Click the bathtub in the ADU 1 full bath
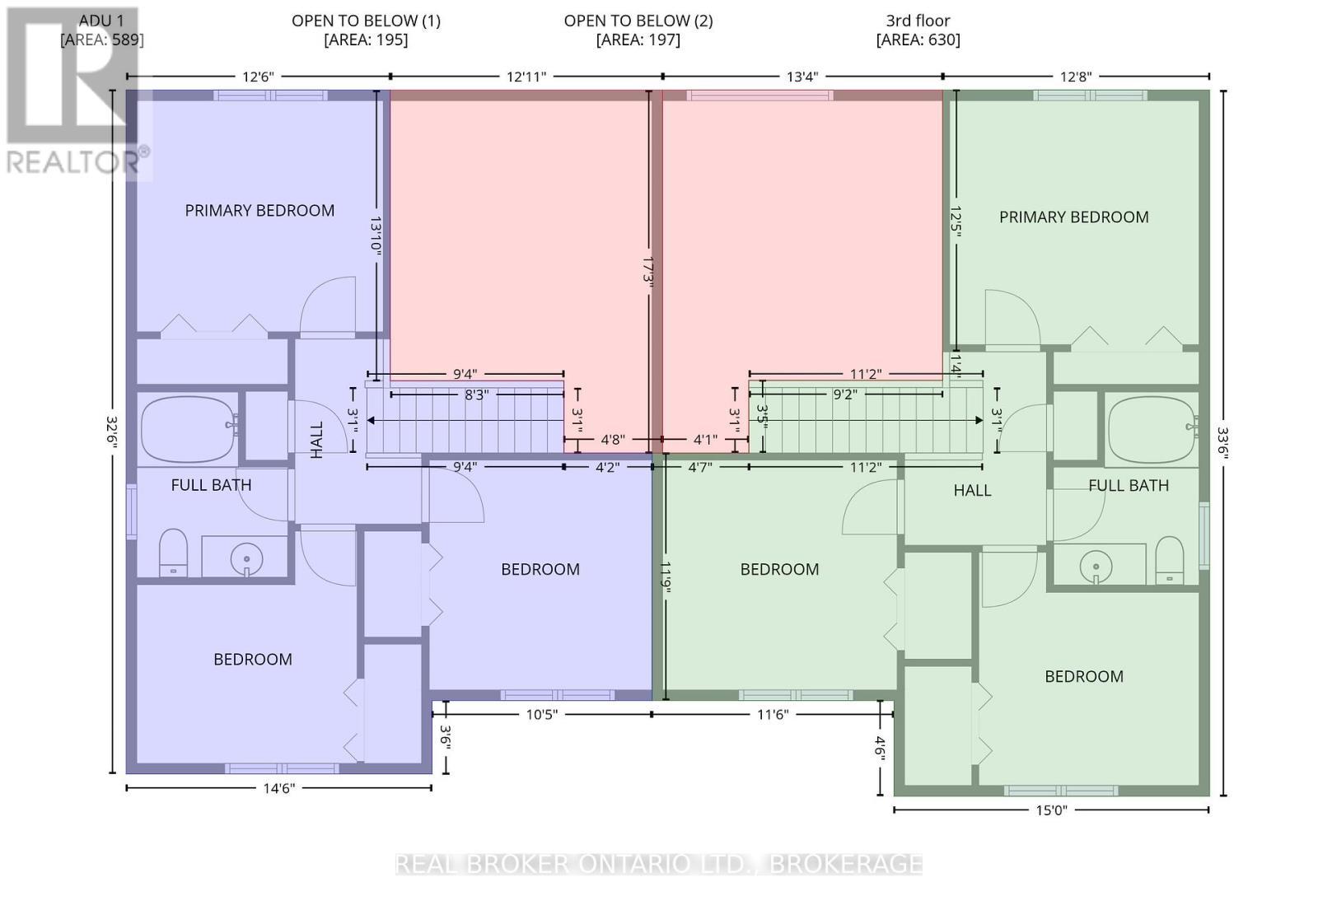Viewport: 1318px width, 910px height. point(189,429)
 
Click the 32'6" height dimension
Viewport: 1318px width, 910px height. point(112,432)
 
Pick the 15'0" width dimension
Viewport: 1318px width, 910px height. point(1051,810)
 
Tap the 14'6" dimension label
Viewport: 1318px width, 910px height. point(279,788)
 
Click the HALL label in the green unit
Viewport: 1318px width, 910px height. point(972,490)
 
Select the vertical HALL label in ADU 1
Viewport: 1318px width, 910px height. point(317,440)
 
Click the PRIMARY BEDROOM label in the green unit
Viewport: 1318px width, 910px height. point(1074,217)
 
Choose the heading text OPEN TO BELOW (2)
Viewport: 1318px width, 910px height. point(638,21)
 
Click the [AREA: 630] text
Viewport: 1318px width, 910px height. point(918,40)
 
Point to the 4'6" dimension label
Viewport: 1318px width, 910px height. point(881,749)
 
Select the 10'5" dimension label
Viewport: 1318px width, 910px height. point(542,715)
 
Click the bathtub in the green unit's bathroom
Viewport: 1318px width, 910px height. point(1152,430)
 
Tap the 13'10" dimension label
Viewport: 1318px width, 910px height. point(376,235)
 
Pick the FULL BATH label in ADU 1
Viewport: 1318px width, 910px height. point(211,485)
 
